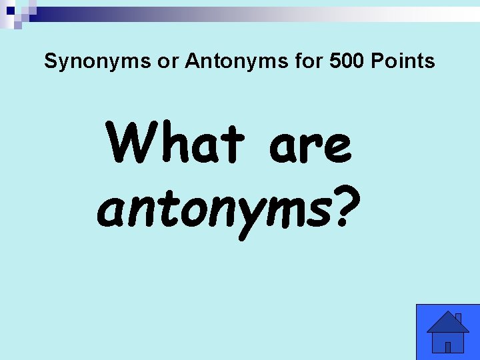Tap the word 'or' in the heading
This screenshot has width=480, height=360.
163,62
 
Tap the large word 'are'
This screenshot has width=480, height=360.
309,145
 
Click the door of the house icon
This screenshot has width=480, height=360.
448,347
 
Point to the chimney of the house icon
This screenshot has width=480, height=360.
458,318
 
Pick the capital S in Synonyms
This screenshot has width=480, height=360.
50,62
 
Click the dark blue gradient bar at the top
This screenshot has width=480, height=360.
133,14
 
